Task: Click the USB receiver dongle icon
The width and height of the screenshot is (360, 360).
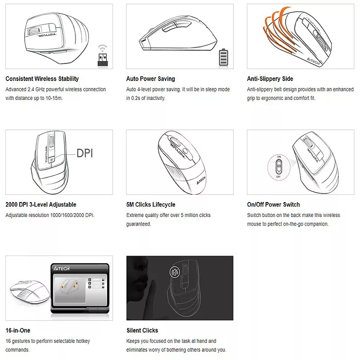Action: point(103,60)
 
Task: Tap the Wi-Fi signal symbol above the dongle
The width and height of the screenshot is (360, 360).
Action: point(103,48)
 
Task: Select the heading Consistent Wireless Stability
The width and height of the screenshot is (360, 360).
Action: point(42,79)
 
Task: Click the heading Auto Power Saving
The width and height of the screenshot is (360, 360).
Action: point(151,79)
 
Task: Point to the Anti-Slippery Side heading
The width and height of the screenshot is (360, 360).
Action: point(270,79)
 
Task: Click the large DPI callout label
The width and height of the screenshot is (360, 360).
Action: point(85,153)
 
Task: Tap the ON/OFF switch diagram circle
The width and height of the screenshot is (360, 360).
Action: point(279,167)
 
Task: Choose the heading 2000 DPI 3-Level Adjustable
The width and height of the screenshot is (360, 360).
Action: point(41,205)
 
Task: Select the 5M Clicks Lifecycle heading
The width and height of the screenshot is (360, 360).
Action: point(151,205)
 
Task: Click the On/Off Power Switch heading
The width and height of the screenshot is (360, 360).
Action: point(274,205)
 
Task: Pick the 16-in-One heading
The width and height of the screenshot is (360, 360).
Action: point(18,330)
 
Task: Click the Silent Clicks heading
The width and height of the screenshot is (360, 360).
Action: point(142,330)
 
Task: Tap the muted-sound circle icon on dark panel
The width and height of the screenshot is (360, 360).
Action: point(175,272)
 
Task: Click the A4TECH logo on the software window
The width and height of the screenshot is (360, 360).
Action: point(61,268)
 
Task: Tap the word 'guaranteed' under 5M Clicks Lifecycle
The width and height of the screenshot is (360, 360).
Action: point(139,224)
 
